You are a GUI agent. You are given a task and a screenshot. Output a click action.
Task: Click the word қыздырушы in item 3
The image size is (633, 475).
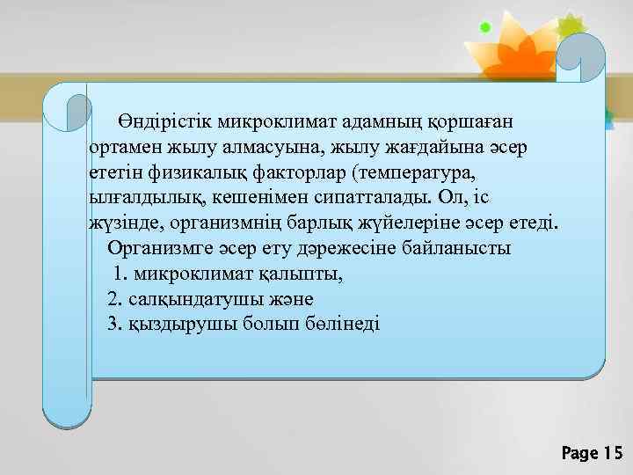177,325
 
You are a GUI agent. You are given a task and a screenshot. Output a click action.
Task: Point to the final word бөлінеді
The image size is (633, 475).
339,325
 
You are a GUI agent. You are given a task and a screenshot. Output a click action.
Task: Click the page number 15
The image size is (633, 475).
611,454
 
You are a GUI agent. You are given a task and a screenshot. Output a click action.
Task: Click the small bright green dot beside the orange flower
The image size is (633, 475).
484,28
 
